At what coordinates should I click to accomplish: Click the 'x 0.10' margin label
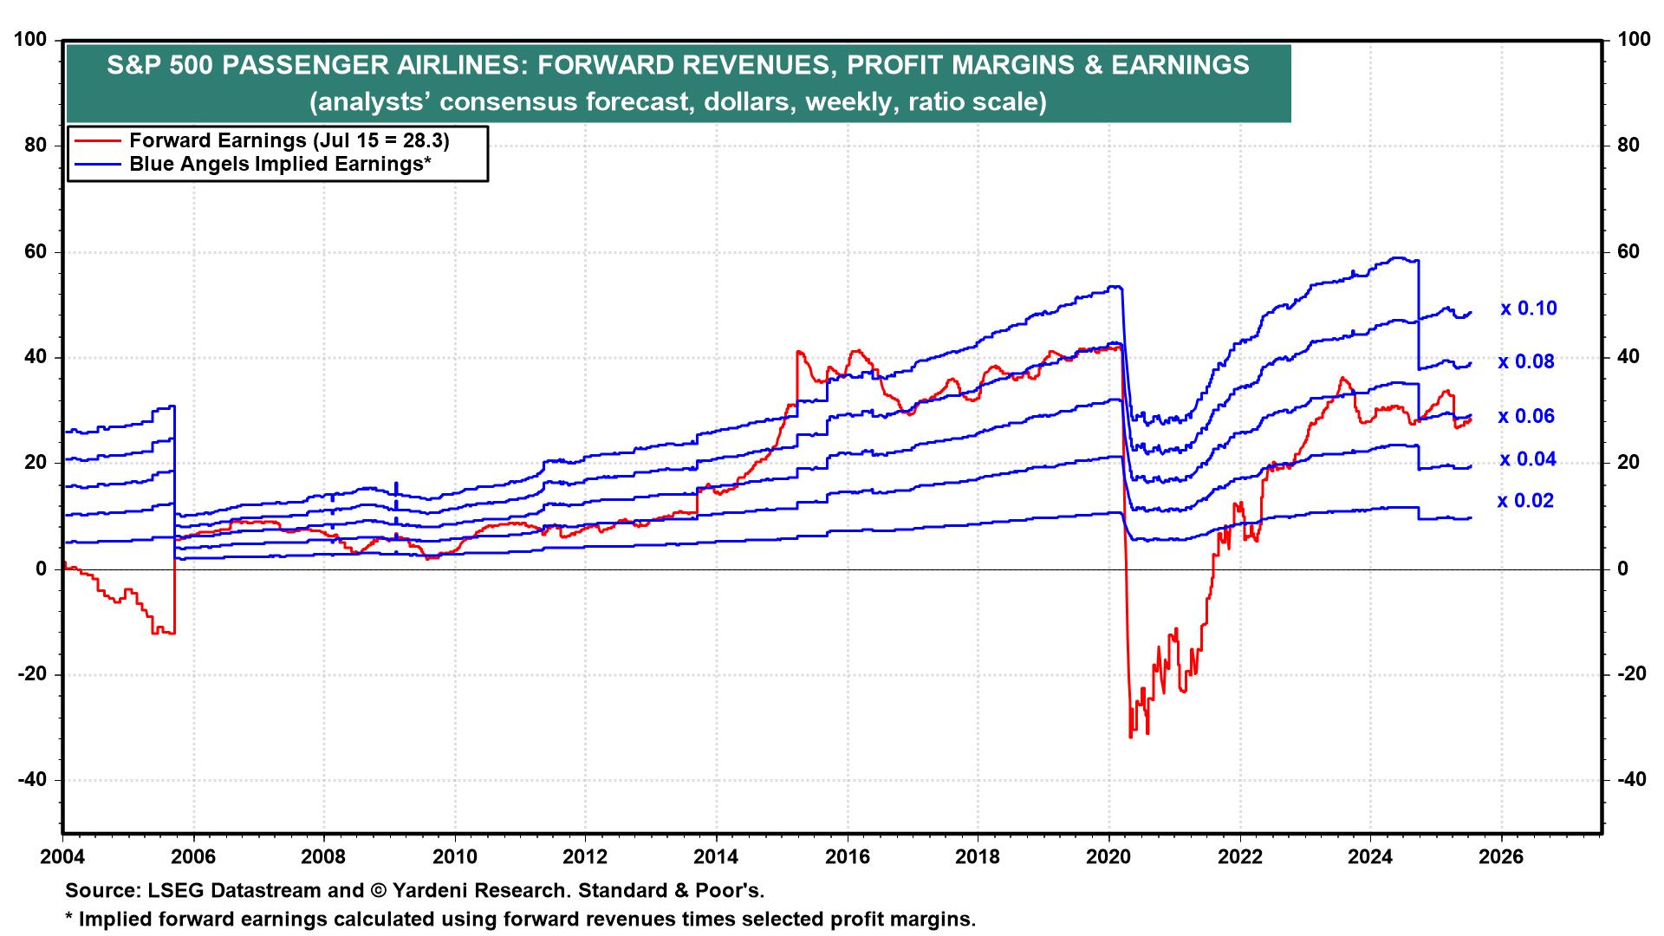pyautogui.click(x=1529, y=309)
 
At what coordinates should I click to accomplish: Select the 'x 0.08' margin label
pyautogui.click(x=1526, y=362)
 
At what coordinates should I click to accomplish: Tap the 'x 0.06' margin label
pyautogui.click(x=1526, y=417)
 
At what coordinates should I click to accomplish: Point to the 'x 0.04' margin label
pyautogui.click(x=1527, y=459)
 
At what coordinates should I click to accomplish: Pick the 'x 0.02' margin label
pyautogui.click(x=1526, y=501)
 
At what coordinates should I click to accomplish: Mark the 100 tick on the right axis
pyautogui.click(x=1628, y=40)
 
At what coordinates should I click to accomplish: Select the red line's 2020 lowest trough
pyautogui.click(x=1130, y=738)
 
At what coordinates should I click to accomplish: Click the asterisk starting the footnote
pyautogui.click(x=70, y=917)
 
